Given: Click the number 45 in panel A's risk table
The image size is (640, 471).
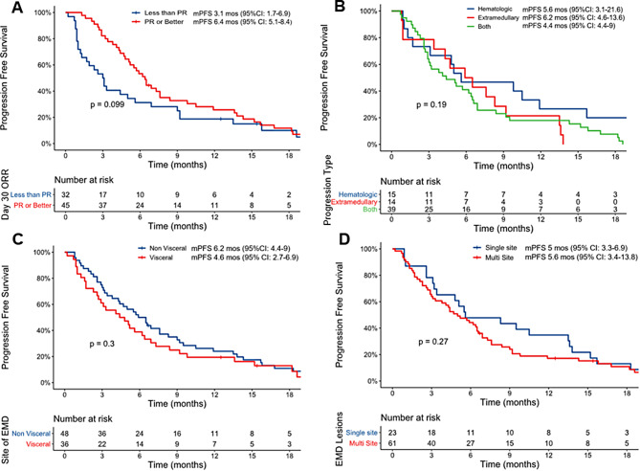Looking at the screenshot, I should (66, 203).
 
